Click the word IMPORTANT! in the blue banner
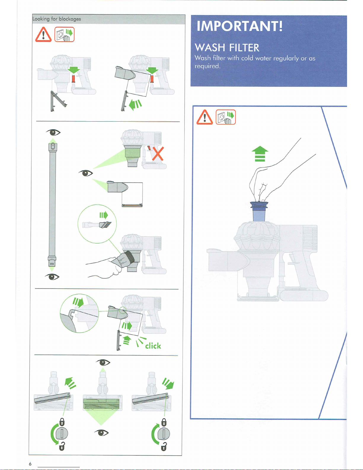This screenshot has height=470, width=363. pos(239,26)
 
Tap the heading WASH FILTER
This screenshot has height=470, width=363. pos(227,47)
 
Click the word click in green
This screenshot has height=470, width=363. pos(153,346)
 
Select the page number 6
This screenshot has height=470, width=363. pos(30,464)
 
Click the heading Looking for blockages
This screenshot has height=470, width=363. pos(57,19)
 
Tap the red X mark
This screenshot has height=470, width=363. pos(158,153)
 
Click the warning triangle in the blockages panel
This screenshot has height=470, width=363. pos(43,35)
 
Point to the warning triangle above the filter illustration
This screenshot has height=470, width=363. pos(204,117)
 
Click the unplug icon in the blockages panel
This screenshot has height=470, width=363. pos(64,34)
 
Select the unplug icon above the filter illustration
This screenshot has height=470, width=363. pos(226,117)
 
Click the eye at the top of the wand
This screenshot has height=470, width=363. pos(53,132)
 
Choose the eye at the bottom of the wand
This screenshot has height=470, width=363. pos(52,277)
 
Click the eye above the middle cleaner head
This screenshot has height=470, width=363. pos(103,362)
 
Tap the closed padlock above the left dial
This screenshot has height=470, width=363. pos(62,421)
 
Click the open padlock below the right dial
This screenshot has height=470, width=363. pos(164,446)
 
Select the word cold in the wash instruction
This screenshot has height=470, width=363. pos(247,58)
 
